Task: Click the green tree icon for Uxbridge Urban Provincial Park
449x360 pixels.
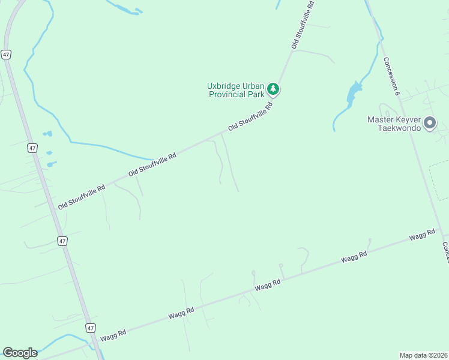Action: (274, 89)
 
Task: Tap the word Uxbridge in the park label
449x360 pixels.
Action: (224, 86)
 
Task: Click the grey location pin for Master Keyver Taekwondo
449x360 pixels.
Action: (429, 123)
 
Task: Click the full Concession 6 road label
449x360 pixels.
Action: (391, 76)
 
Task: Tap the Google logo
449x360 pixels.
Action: (20, 353)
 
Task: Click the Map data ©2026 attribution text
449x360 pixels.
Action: (423, 355)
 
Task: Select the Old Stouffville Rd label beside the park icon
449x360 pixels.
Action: (250, 117)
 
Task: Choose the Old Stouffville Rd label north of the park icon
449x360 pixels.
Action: (303, 24)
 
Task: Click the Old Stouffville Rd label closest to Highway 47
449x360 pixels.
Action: (81, 197)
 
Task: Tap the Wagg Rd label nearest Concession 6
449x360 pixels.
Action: (422, 235)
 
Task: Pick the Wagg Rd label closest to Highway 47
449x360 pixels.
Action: (113, 333)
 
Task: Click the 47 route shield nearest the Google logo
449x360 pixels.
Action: (90, 328)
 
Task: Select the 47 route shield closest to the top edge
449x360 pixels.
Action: (5, 54)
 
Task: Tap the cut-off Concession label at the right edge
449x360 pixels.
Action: (445, 252)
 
